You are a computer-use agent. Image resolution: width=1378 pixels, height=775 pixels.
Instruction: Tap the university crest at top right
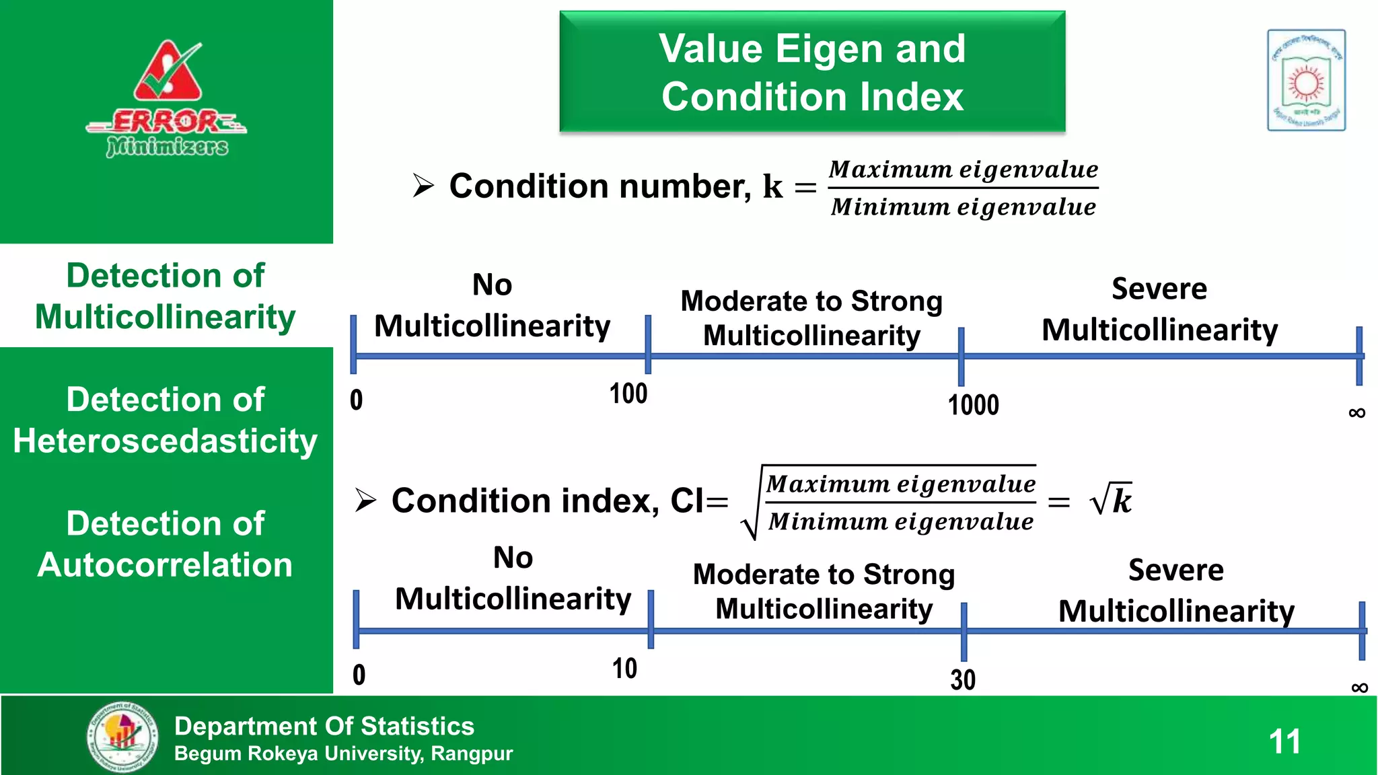1306,80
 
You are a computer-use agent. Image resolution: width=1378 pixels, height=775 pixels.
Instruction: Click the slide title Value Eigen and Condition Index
812,72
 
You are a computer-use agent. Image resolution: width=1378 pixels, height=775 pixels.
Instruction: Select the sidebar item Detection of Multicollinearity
166,296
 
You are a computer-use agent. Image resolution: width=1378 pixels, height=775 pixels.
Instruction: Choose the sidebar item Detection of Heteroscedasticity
166,420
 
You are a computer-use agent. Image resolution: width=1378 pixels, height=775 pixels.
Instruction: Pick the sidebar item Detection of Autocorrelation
166,544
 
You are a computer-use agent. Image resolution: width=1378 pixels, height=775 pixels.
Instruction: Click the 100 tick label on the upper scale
628,394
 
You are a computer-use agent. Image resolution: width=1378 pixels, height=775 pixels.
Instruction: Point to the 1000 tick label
973,405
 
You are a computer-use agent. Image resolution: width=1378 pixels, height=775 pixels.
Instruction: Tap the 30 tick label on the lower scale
963,679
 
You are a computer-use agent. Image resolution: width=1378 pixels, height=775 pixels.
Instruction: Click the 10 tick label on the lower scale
624,669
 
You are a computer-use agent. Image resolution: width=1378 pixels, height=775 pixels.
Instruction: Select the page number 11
1284,741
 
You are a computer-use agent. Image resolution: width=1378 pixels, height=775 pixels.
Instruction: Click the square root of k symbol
1111,500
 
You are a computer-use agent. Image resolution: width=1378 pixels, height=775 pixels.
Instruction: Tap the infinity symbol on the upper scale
1356,413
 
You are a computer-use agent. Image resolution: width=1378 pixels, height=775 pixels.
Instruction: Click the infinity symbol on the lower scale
1359,688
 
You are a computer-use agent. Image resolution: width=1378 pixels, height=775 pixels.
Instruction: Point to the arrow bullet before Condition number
423,186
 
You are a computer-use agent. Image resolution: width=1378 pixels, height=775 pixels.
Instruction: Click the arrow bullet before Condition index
365,501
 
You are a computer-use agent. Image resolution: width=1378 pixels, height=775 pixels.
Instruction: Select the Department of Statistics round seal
122,737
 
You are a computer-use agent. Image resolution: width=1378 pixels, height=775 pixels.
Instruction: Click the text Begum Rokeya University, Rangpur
343,753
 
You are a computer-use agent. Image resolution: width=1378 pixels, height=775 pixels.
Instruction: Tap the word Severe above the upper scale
1159,289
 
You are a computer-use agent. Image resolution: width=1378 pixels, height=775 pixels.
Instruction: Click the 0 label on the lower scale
359,675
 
